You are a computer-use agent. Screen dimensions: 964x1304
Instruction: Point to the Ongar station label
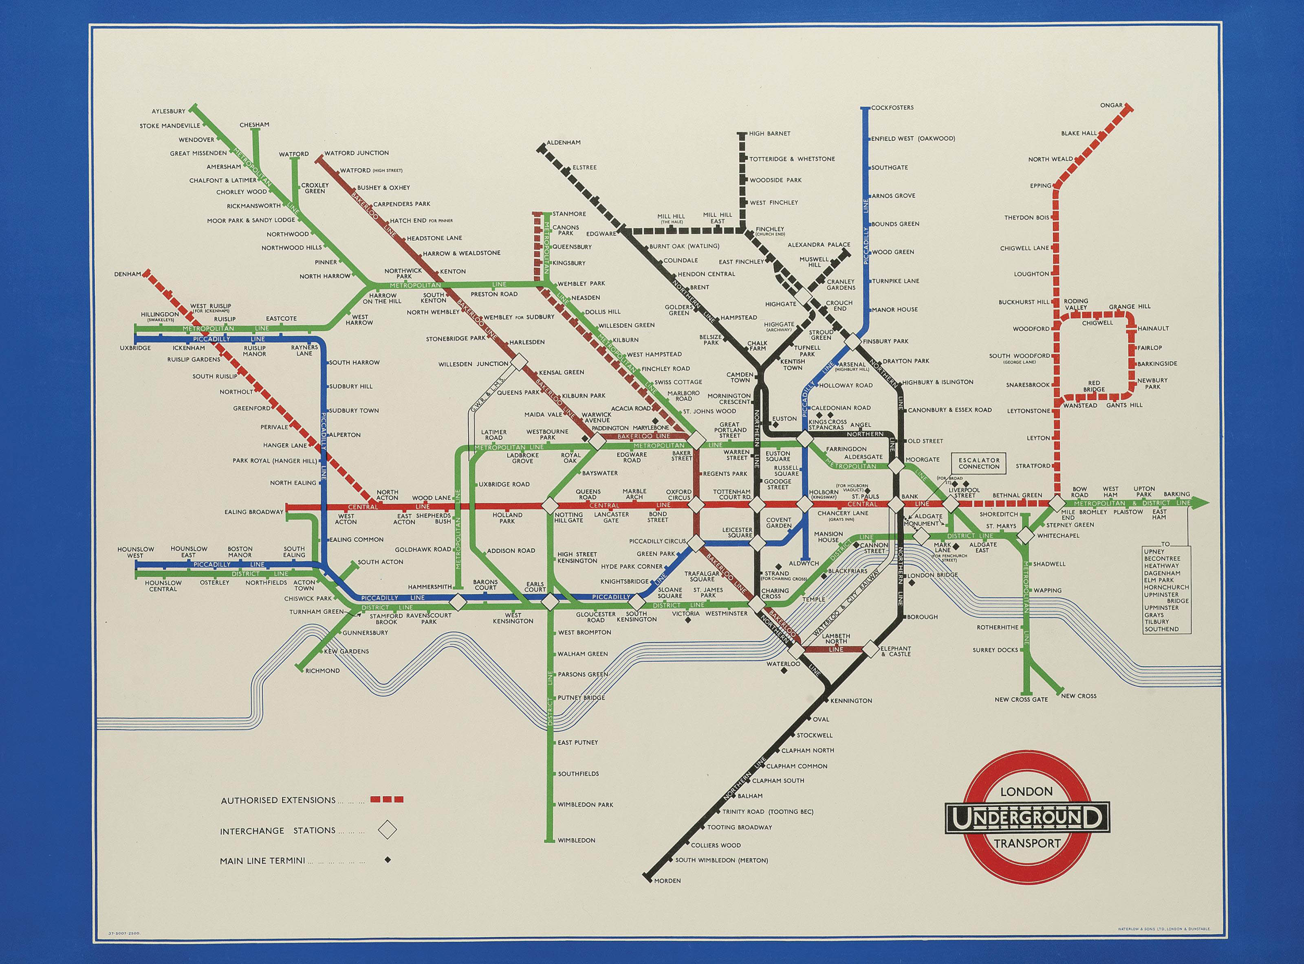[1111, 105]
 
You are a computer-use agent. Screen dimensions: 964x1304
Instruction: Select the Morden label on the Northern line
[667, 897]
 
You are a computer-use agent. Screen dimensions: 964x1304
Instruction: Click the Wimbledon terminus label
[576, 840]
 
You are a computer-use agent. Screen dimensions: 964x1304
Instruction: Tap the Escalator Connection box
[979, 463]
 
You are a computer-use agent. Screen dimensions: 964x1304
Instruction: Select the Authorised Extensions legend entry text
[278, 800]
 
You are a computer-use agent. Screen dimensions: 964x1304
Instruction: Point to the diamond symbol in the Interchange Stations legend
[387, 830]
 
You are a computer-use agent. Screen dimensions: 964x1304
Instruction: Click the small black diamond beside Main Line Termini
[387, 859]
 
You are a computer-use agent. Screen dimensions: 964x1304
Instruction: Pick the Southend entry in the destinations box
[1161, 629]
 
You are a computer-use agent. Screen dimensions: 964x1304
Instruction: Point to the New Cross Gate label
[1021, 699]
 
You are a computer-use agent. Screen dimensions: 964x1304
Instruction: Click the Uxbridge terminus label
[135, 348]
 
